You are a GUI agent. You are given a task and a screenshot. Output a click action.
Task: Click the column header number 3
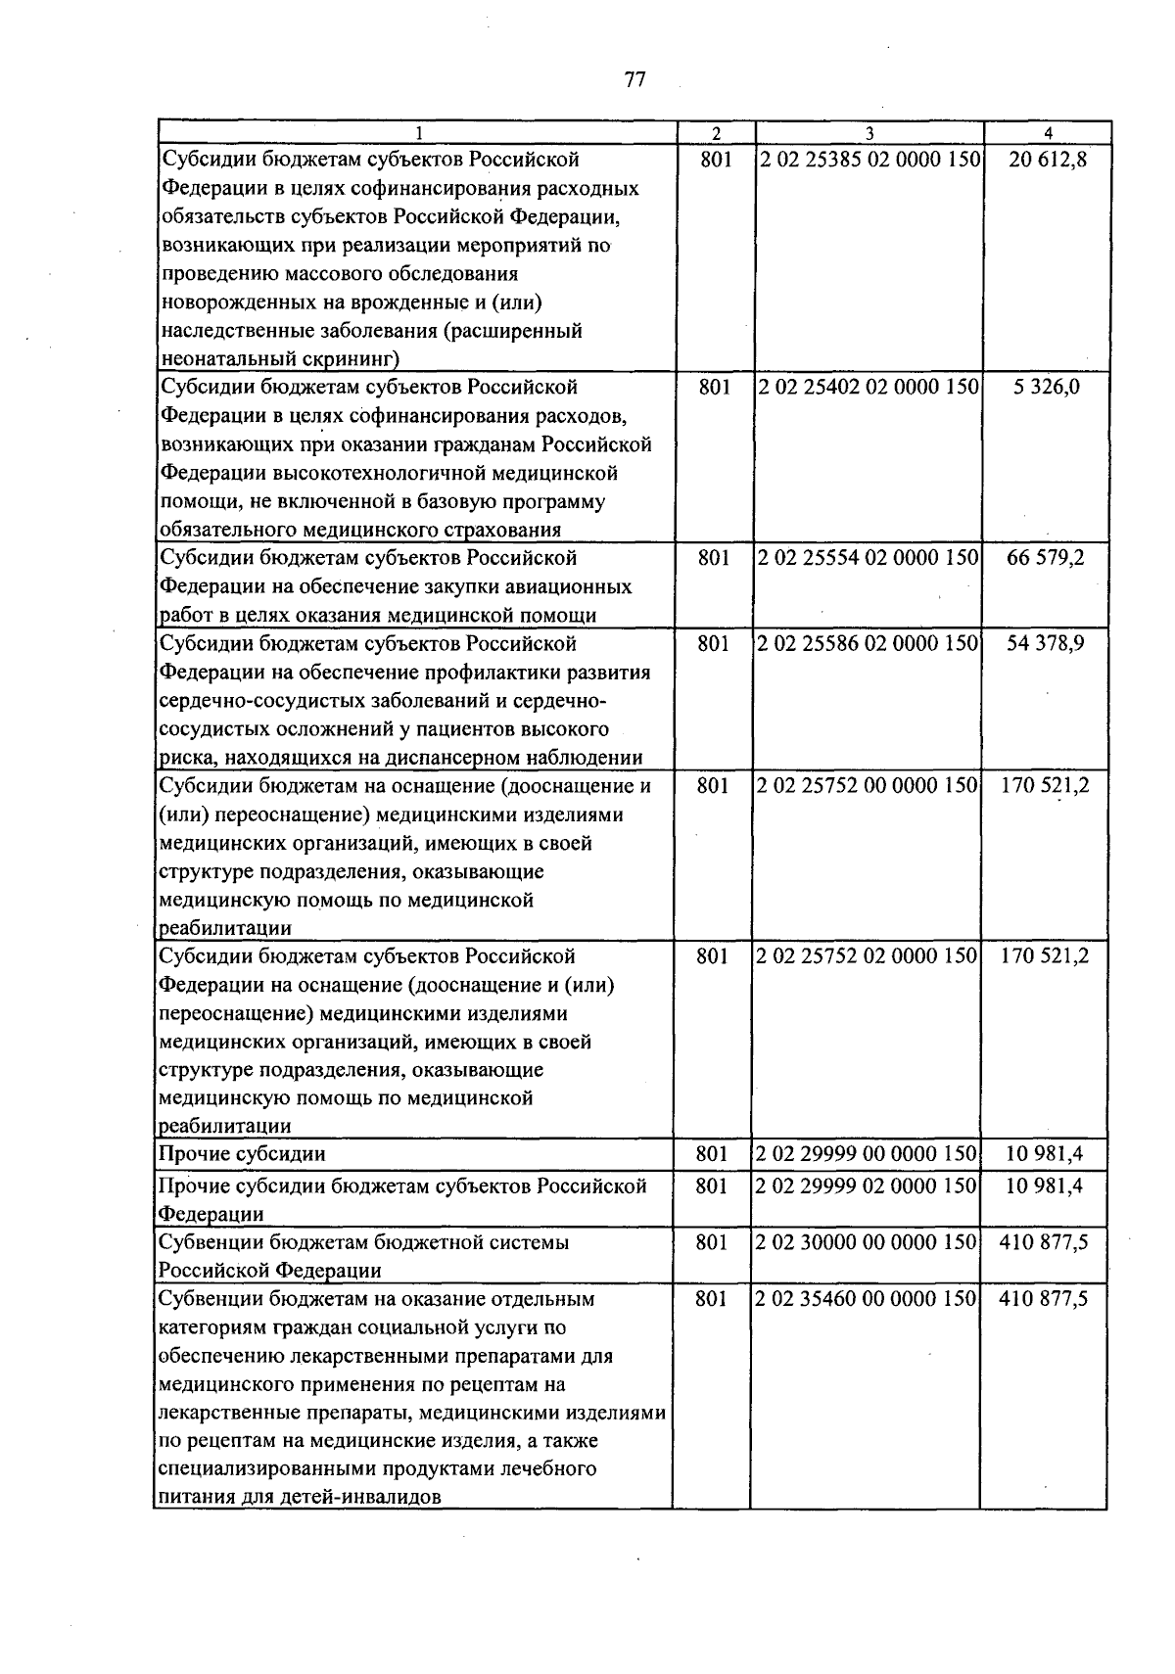(x=869, y=133)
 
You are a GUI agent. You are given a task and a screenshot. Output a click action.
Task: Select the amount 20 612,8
(x=1048, y=160)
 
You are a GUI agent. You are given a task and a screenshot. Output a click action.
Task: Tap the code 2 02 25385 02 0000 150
(x=869, y=160)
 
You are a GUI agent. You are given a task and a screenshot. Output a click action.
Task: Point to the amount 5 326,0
(x=1047, y=387)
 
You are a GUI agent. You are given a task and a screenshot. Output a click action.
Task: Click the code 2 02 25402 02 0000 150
(x=869, y=387)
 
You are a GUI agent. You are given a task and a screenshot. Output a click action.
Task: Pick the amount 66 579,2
(x=1046, y=558)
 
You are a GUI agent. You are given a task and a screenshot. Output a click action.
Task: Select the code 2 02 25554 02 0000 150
(x=868, y=558)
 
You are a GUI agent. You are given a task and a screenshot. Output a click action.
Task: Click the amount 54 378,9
(x=1046, y=644)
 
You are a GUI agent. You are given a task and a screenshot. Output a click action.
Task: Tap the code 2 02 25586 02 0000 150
(x=868, y=644)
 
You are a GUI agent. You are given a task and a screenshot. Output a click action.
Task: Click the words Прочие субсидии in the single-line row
(x=242, y=1154)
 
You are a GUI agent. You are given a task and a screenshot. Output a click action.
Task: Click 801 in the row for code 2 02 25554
(x=714, y=558)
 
